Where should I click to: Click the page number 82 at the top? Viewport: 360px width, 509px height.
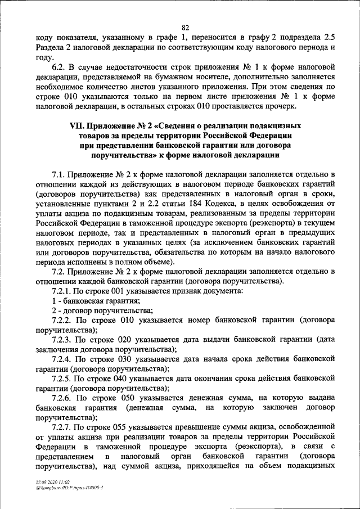(x=186, y=26)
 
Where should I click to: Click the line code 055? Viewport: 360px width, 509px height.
(x=124, y=427)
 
